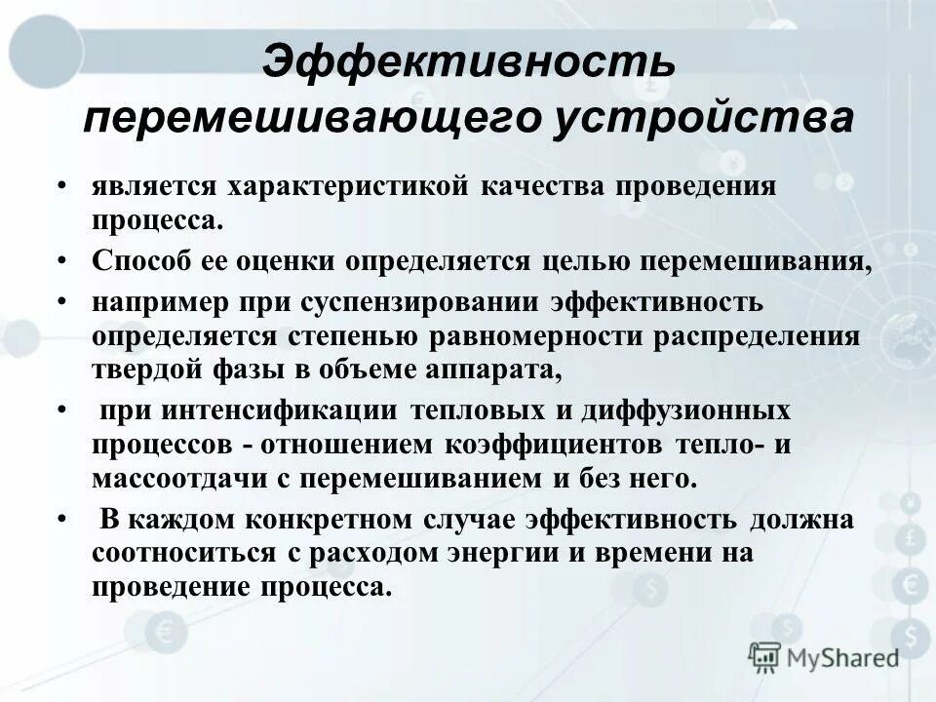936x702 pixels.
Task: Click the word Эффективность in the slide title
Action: tap(467, 63)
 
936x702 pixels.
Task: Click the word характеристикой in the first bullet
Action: tap(355, 184)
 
